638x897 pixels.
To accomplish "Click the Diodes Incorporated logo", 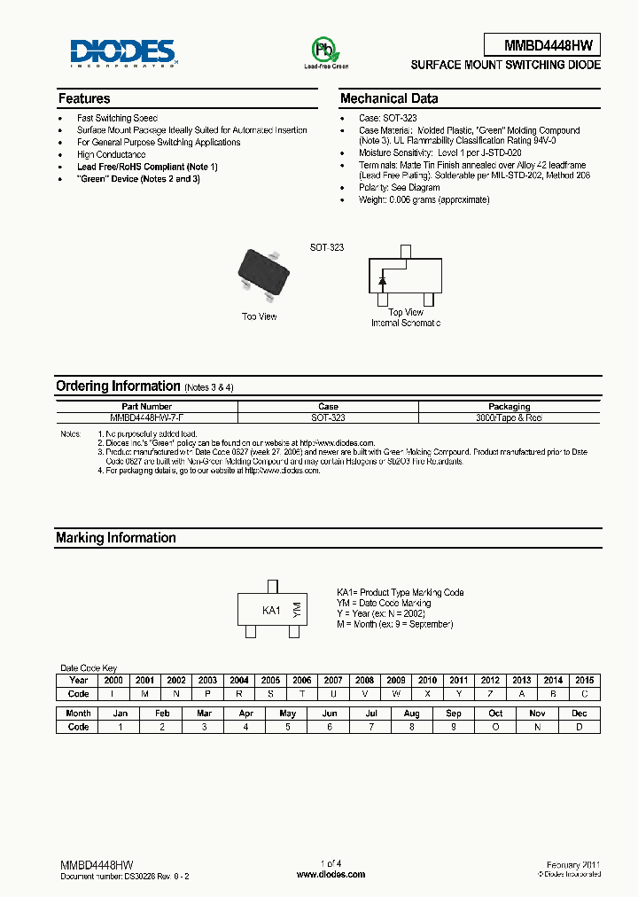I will click(123, 52).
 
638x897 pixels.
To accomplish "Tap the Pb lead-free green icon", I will click(326, 50).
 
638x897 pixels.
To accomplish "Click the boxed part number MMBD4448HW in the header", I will click(541, 45).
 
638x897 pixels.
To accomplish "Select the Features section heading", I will click(84, 98).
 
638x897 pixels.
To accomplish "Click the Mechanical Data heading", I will click(389, 98).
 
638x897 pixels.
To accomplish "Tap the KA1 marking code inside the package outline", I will click(271, 611).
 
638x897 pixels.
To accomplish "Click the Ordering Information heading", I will click(118, 386).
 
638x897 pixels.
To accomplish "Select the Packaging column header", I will click(509, 406).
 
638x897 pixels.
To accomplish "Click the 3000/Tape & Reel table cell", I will click(509, 417).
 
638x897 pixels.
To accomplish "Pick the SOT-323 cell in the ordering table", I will click(327, 417).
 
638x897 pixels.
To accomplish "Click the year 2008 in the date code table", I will click(364, 680).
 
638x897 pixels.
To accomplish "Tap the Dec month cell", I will click(579, 713).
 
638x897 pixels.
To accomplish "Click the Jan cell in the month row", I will click(120, 713).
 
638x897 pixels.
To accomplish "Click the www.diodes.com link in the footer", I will click(330, 874).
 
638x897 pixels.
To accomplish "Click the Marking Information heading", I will click(116, 538).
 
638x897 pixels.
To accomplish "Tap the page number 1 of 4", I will click(330, 863).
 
